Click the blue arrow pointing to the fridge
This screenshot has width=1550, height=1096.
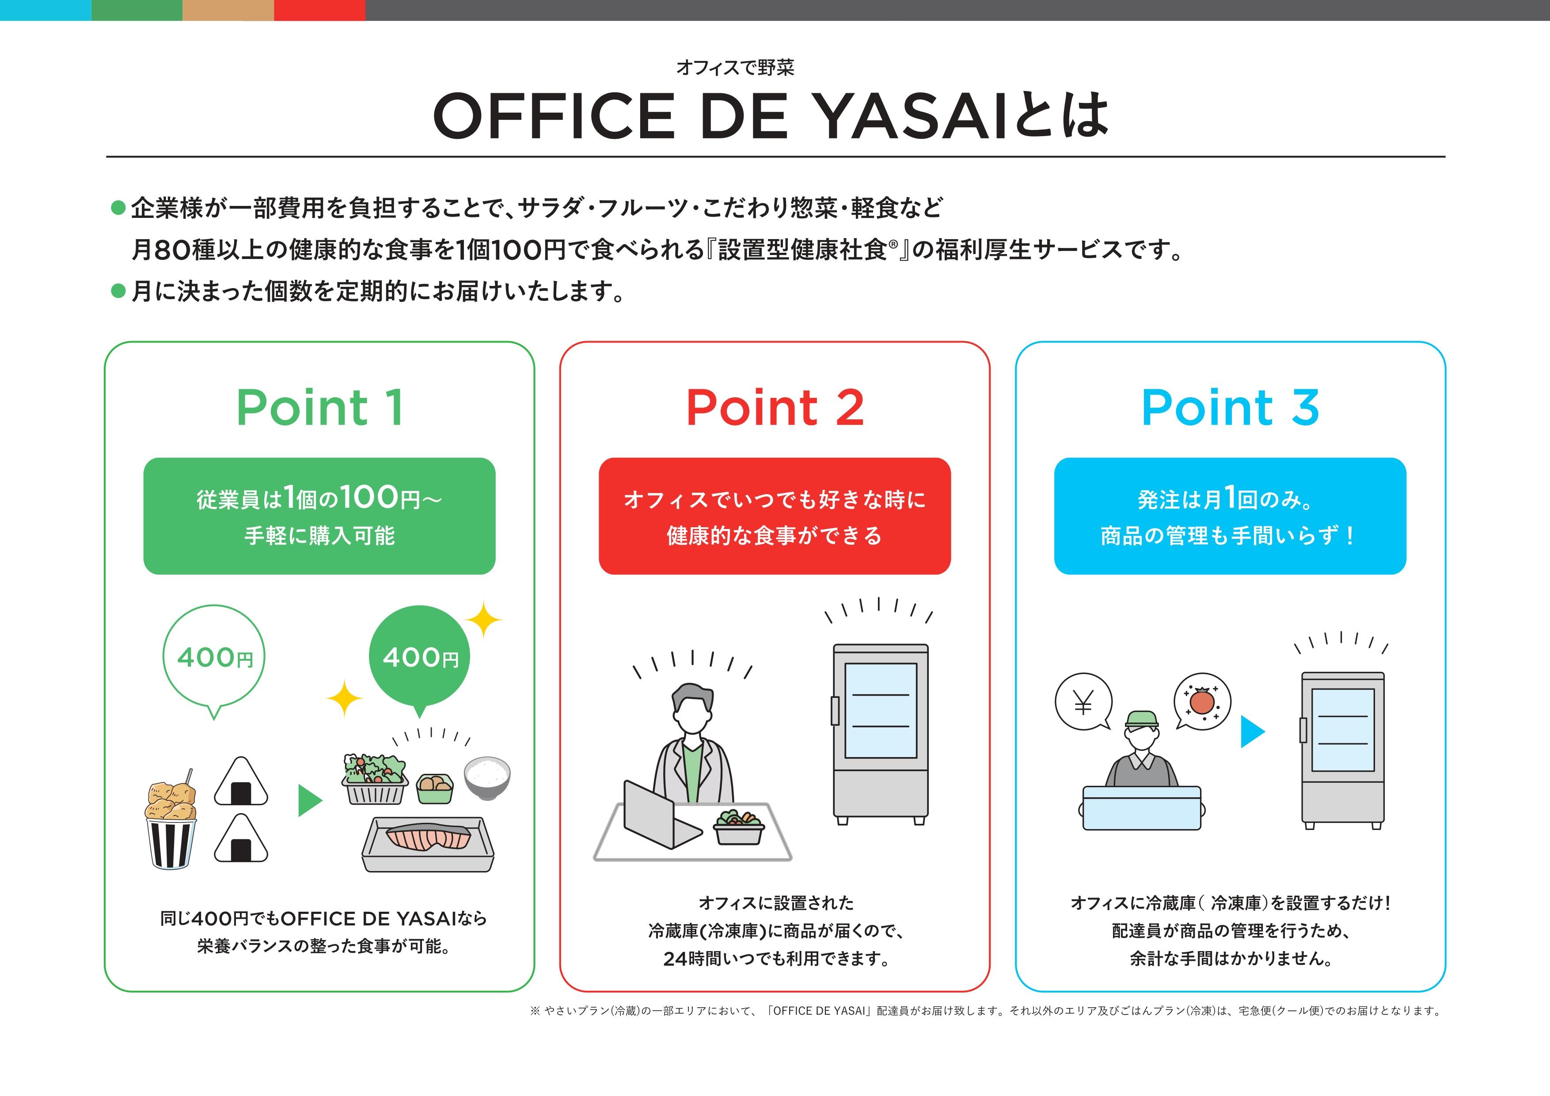pos(1252,732)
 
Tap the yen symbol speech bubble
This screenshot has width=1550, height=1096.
pos(1083,702)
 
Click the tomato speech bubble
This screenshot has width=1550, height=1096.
pos(1202,701)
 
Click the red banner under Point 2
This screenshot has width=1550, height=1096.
pos(775,517)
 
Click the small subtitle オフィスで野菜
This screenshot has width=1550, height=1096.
pos(735,68)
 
